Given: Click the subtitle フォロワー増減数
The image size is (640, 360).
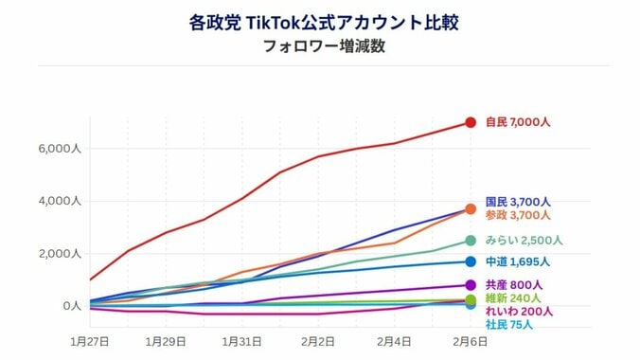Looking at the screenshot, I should click(x=319, y=46).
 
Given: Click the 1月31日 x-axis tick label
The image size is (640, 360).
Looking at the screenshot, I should click(x=242, y=339).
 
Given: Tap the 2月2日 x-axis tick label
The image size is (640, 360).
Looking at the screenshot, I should click(x=318, y=339).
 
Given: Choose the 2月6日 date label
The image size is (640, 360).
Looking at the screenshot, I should click(x=470, y=339).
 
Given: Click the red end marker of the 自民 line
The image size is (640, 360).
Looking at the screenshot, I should click(x=470, y=122).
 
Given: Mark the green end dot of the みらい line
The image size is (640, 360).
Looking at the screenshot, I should click(x=470, y=241).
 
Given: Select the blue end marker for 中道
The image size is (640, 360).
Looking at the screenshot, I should click(x=470, y=261).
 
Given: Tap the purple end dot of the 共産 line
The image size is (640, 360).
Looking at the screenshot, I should click(x=470, y=285).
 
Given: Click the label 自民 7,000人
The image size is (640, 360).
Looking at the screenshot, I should click(x=518, y=122).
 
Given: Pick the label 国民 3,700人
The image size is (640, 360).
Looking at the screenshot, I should click(x=518, y=202).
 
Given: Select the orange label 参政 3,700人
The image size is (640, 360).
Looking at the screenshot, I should click(x=518, y=215).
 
